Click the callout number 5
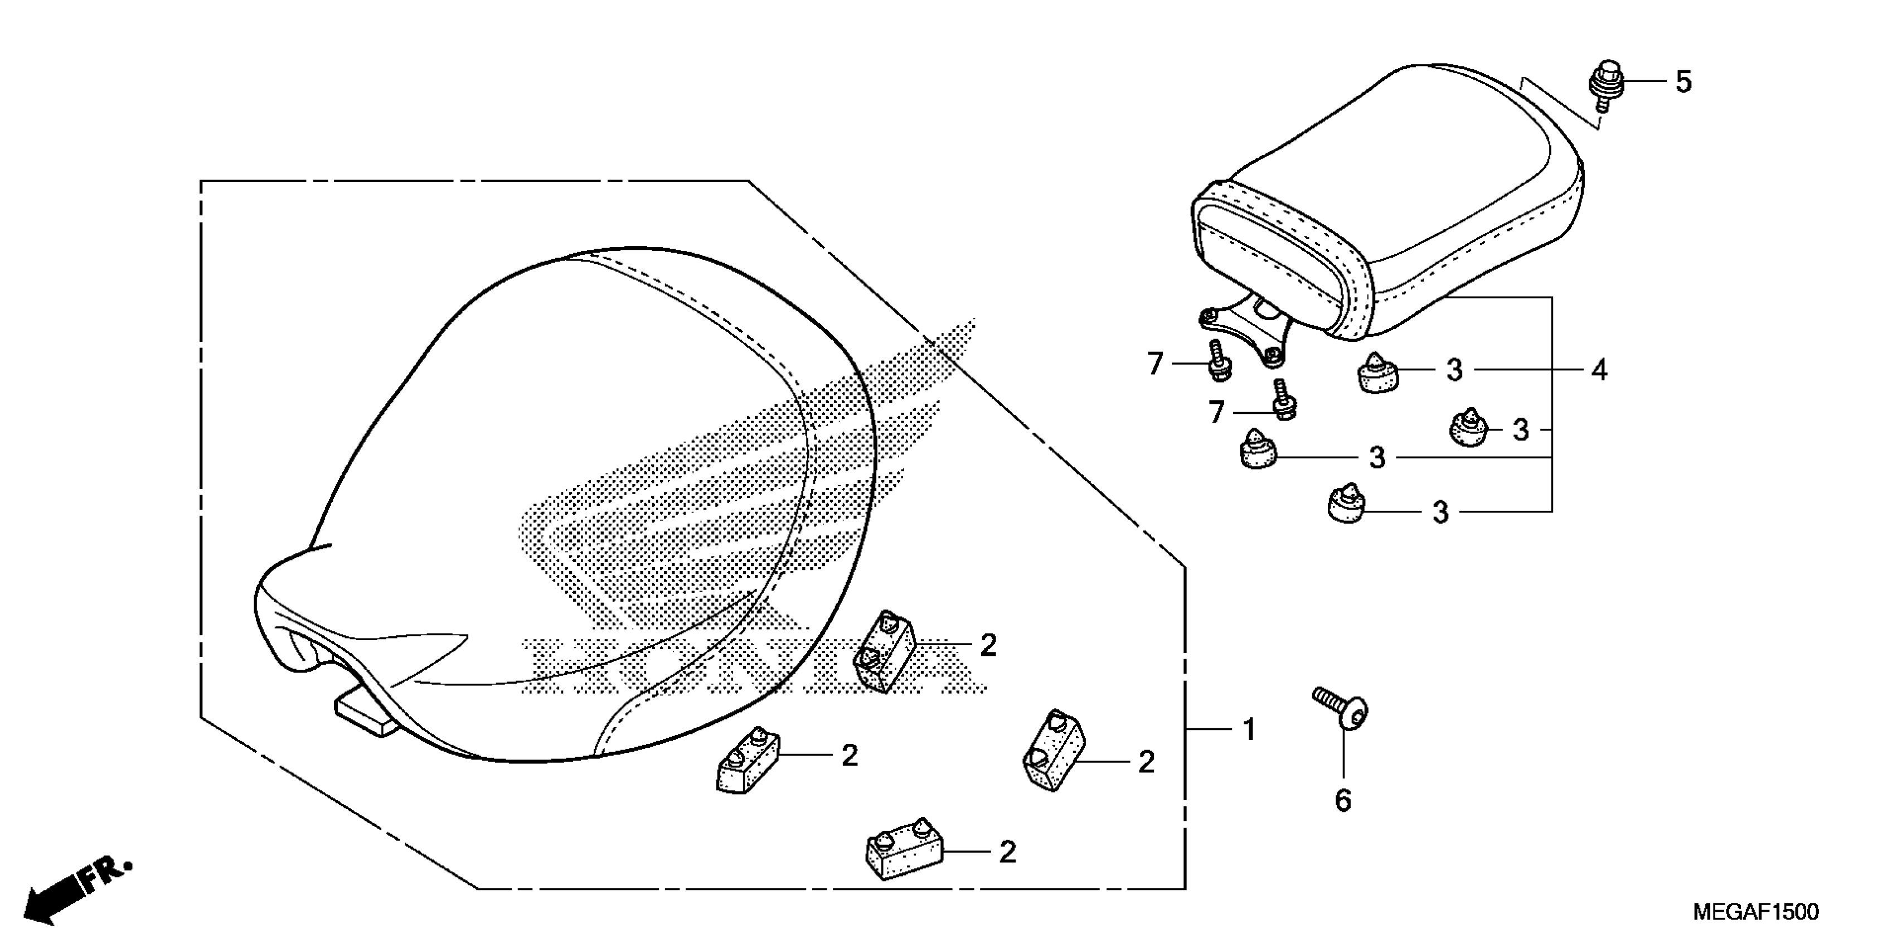(x=1683, y=82)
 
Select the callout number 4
(x=1599, y=370)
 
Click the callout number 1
(x=1249, y=730)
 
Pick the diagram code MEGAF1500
(x=1755, y=912)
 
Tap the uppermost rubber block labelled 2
(x=884, y=650)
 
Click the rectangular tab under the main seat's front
(x=365, y=712)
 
